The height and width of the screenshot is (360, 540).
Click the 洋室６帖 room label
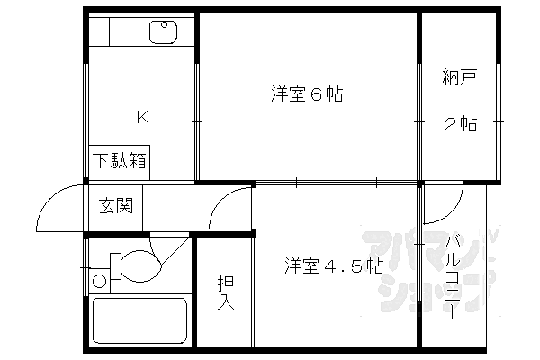coord(308,93)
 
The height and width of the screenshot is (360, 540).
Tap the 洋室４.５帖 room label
coord(336,265)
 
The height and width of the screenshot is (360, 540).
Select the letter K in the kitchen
coord(141,116)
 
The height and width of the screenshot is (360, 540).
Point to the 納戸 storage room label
coord(458,78)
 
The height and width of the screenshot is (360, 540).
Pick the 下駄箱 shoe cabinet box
coord(120,162)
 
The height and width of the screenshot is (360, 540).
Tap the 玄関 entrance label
coord(116,206)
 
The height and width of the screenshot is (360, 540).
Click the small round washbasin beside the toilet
coord(99,281)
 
